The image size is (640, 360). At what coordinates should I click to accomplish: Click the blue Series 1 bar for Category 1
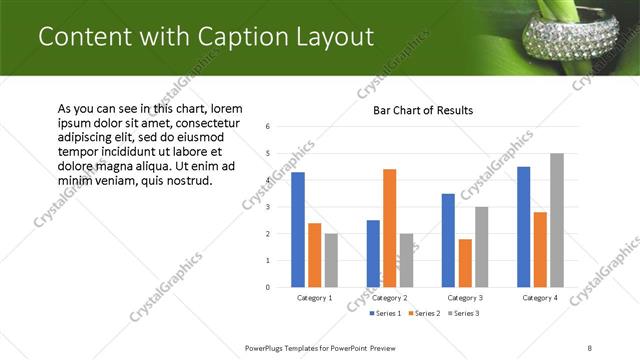(297, 229)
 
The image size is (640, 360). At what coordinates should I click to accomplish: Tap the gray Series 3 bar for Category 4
(557, 220)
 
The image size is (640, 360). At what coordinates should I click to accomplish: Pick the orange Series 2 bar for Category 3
(465, 263)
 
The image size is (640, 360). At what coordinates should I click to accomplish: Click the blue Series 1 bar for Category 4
(524, 226)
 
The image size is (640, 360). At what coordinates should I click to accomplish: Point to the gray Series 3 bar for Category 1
(331, 260)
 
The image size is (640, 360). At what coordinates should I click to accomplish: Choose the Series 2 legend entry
(423, 314)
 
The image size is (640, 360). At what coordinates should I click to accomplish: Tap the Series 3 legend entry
(463, 314)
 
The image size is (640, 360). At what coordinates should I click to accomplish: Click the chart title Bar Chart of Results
(423, 110)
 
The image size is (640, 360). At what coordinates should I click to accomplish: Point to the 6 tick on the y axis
(268, 127)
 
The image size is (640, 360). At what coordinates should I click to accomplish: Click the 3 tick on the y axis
(268, 207)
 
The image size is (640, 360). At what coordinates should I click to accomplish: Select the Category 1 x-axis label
(315, 298)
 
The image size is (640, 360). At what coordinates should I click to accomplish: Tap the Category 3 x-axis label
(466, 298)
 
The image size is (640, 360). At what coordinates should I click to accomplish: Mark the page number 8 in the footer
(590, 347)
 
